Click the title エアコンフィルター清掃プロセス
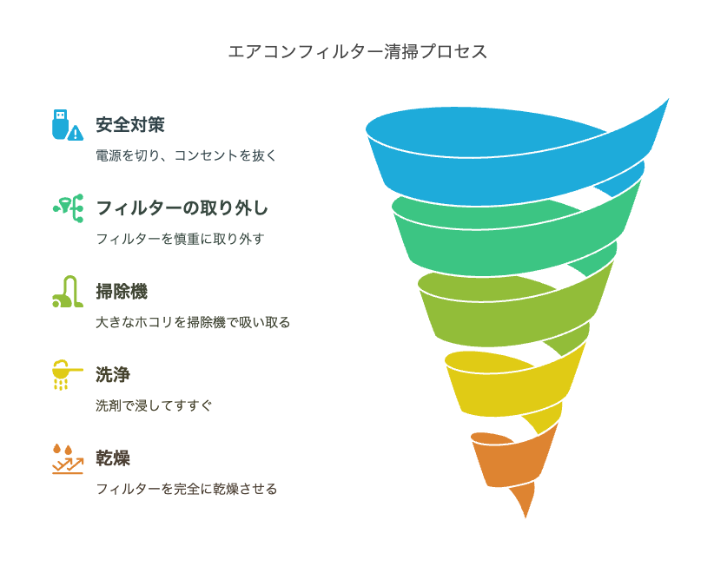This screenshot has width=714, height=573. pos(358,51)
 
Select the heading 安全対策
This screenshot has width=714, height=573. pos(129,125)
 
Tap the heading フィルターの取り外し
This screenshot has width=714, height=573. pos(182,208)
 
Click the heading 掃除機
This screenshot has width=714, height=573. pos(122,292)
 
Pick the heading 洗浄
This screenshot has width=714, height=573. pos(113,374)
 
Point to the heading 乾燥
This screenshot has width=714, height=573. pos(113,458)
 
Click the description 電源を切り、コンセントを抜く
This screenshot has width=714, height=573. pos(186,155)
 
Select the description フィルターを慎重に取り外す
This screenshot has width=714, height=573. pos(180,239)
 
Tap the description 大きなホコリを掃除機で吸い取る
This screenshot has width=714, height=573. pos(193,322)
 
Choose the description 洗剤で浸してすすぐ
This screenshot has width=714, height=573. pos(154,405)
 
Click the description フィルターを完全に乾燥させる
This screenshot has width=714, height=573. pos(186,489)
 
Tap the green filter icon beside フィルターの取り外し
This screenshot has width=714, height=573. pos(69,208)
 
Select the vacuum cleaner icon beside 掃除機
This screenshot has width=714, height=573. pos(68,292)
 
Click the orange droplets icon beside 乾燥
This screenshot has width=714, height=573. pos(68,458)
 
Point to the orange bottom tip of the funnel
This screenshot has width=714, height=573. pos(526,517)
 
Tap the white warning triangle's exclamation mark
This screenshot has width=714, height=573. pos(76,135)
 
